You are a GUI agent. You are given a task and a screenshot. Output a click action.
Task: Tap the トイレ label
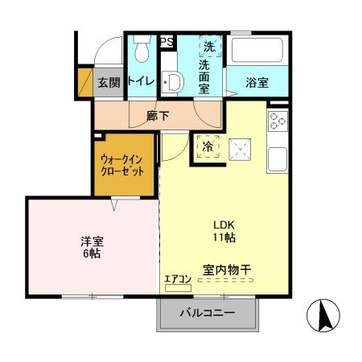[x=141, y=80]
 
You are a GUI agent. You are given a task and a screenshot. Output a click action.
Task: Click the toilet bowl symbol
[x=142, y=50]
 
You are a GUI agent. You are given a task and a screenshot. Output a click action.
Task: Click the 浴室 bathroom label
[x=247, y=81]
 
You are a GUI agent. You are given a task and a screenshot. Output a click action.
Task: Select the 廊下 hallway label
[x=158, y=115]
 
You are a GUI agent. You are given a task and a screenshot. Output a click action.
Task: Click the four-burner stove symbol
[x=278, y=121]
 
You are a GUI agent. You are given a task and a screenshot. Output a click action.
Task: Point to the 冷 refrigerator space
[x=208, y=146]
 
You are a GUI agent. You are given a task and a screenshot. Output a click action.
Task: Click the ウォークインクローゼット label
[x=123, y=166]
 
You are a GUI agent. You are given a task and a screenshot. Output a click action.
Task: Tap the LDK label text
[x=224, y=224]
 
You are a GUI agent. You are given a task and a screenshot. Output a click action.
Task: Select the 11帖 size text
[x=224, y=238]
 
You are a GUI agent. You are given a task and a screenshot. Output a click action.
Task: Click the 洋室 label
[x=89, y=241]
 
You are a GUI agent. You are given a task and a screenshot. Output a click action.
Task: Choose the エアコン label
[x=177, y=278]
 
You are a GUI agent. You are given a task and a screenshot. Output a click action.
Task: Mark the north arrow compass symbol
[x=325, y=315]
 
